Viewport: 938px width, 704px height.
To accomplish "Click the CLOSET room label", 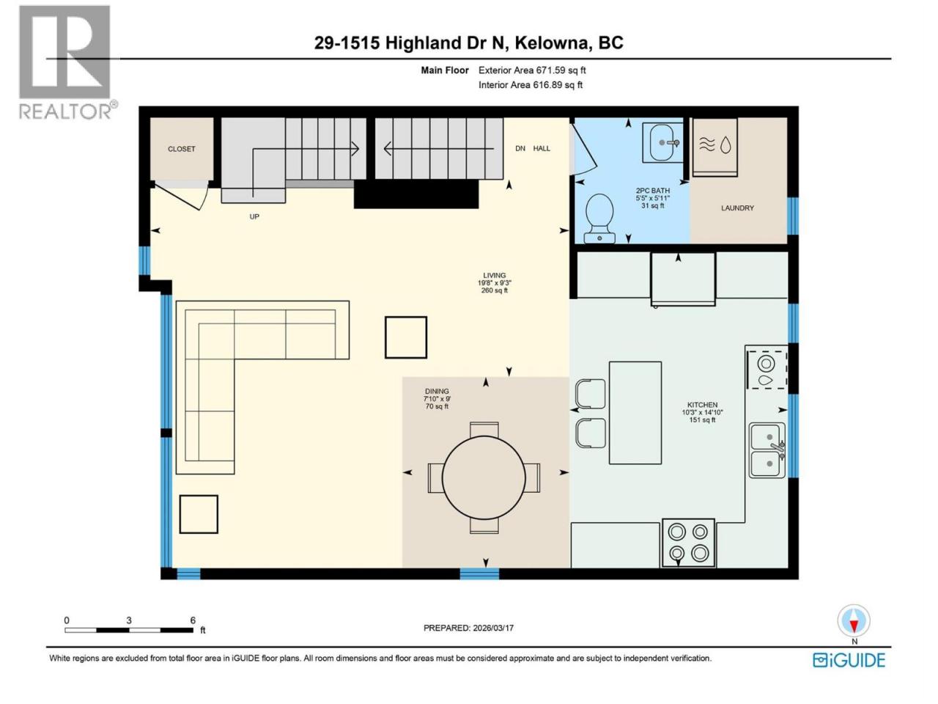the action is click(181, 149).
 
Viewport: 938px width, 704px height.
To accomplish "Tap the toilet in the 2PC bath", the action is click(599, 219).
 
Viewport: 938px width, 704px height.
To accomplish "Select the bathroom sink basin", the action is click(664, 142).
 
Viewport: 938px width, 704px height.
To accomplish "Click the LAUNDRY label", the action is click(737, 208).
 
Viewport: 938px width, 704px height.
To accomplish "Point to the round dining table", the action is click(484, 477).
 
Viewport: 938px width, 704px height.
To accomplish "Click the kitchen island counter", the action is click(635, 413).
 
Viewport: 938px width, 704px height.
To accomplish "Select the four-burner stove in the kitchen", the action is click(688, 543).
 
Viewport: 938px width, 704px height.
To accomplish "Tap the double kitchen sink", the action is click(768, 450).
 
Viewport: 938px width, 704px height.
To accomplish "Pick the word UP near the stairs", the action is click(254, 217).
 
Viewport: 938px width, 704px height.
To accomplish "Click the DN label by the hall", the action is click(520, 148).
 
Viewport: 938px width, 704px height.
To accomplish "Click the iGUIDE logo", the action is click(849, 661).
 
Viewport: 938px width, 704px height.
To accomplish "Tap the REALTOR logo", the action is click(67, 62).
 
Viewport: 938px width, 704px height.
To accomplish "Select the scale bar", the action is click(129, 630).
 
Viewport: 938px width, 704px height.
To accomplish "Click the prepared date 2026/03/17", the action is click(492, 628).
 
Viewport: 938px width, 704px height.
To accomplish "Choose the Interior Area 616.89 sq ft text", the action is click(531, 84).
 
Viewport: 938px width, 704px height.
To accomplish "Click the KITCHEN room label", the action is click(702, 405).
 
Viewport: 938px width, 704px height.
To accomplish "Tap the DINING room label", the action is click(437, 391).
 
